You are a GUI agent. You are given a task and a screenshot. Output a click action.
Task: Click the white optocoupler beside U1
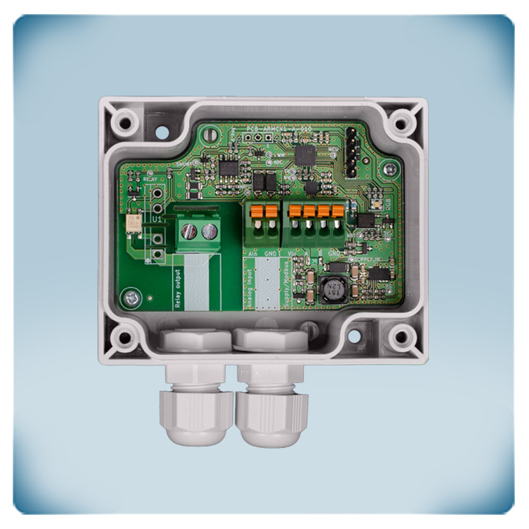point(132,224)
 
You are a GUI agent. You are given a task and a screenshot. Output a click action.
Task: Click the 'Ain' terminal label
point(253,251)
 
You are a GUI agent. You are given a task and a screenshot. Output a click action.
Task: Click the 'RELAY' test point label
point(150,181)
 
